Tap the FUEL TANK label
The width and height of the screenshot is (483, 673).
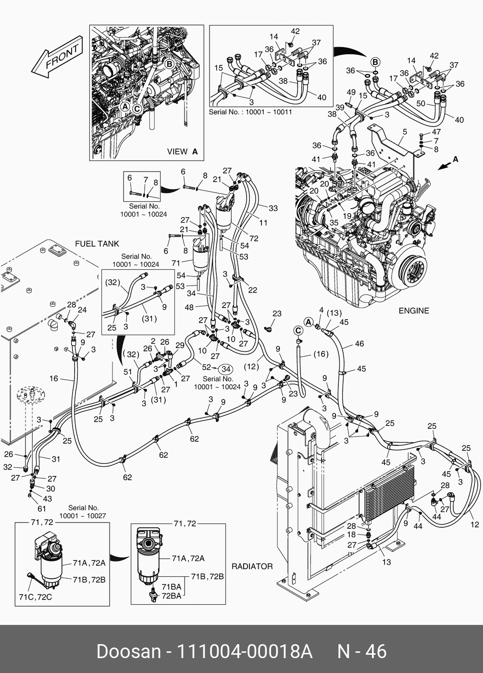[x=97, y=244]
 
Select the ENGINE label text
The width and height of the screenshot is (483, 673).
[x=413, y=311]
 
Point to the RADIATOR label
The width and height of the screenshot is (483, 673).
[x=252, y=566]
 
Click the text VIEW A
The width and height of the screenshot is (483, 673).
[x=182, y=151]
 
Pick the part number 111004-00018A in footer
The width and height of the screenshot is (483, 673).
[x=245, y=651]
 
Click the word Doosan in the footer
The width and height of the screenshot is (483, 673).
[x=128, y=651]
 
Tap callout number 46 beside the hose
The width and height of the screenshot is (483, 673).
[x=359, y=344]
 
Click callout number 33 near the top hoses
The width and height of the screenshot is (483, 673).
[x=273, y=208]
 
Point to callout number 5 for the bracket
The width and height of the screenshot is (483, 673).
[x=405, y=131]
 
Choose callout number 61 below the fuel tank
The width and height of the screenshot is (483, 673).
[x=42, y=509]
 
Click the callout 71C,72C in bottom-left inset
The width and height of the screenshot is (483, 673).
[x=35, y=597]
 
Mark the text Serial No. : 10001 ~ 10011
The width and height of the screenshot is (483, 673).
[x=250, y=112]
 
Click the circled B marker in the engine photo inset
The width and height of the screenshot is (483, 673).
[x=169, y=63]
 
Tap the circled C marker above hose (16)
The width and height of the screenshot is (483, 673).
[x=298, y=330]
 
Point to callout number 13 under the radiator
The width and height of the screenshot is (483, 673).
[x=386, y=561]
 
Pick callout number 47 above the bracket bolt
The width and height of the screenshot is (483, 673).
[x=436, y=132]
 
